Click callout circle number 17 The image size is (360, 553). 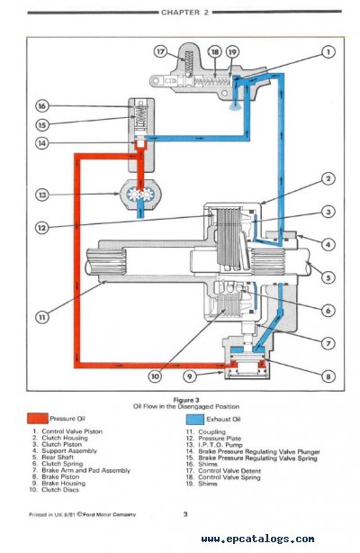coord(160,51)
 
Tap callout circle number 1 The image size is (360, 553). coord(329,53)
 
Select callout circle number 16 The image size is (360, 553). coord(41,105)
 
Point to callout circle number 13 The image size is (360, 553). coord(41,195)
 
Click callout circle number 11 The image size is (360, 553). coord(41,316)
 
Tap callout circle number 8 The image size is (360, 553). coord(329,376)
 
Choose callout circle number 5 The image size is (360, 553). coord(329,277)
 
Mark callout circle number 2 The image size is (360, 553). coord(329,178)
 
